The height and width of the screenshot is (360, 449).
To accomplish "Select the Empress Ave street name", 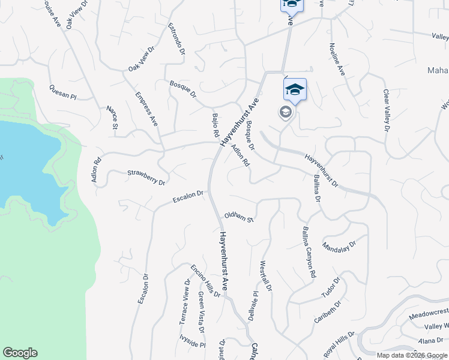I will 146,109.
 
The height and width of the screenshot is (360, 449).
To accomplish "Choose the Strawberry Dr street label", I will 145,178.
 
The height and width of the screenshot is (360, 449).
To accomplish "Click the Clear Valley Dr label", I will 387,110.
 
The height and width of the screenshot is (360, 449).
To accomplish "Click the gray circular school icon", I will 285,113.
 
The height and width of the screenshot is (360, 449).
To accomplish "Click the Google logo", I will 20,353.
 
